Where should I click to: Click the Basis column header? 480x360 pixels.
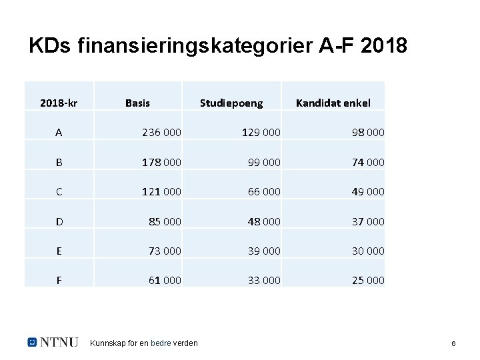pos(138,103)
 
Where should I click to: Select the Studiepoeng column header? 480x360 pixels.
pos(231,103)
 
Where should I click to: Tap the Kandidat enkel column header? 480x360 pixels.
pos(333,103)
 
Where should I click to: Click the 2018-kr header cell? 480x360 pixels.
pos(58,103)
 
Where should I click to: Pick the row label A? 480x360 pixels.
pos(59,133)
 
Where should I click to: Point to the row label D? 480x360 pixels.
pos(59,221)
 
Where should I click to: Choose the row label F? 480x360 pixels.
pos(59,281)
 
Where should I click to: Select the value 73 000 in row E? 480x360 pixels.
pos(163,251)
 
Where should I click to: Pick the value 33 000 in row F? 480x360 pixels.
pos(263,281)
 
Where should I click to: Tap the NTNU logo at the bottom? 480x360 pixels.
pos(53,342)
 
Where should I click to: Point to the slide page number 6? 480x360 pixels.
pos(453,343)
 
